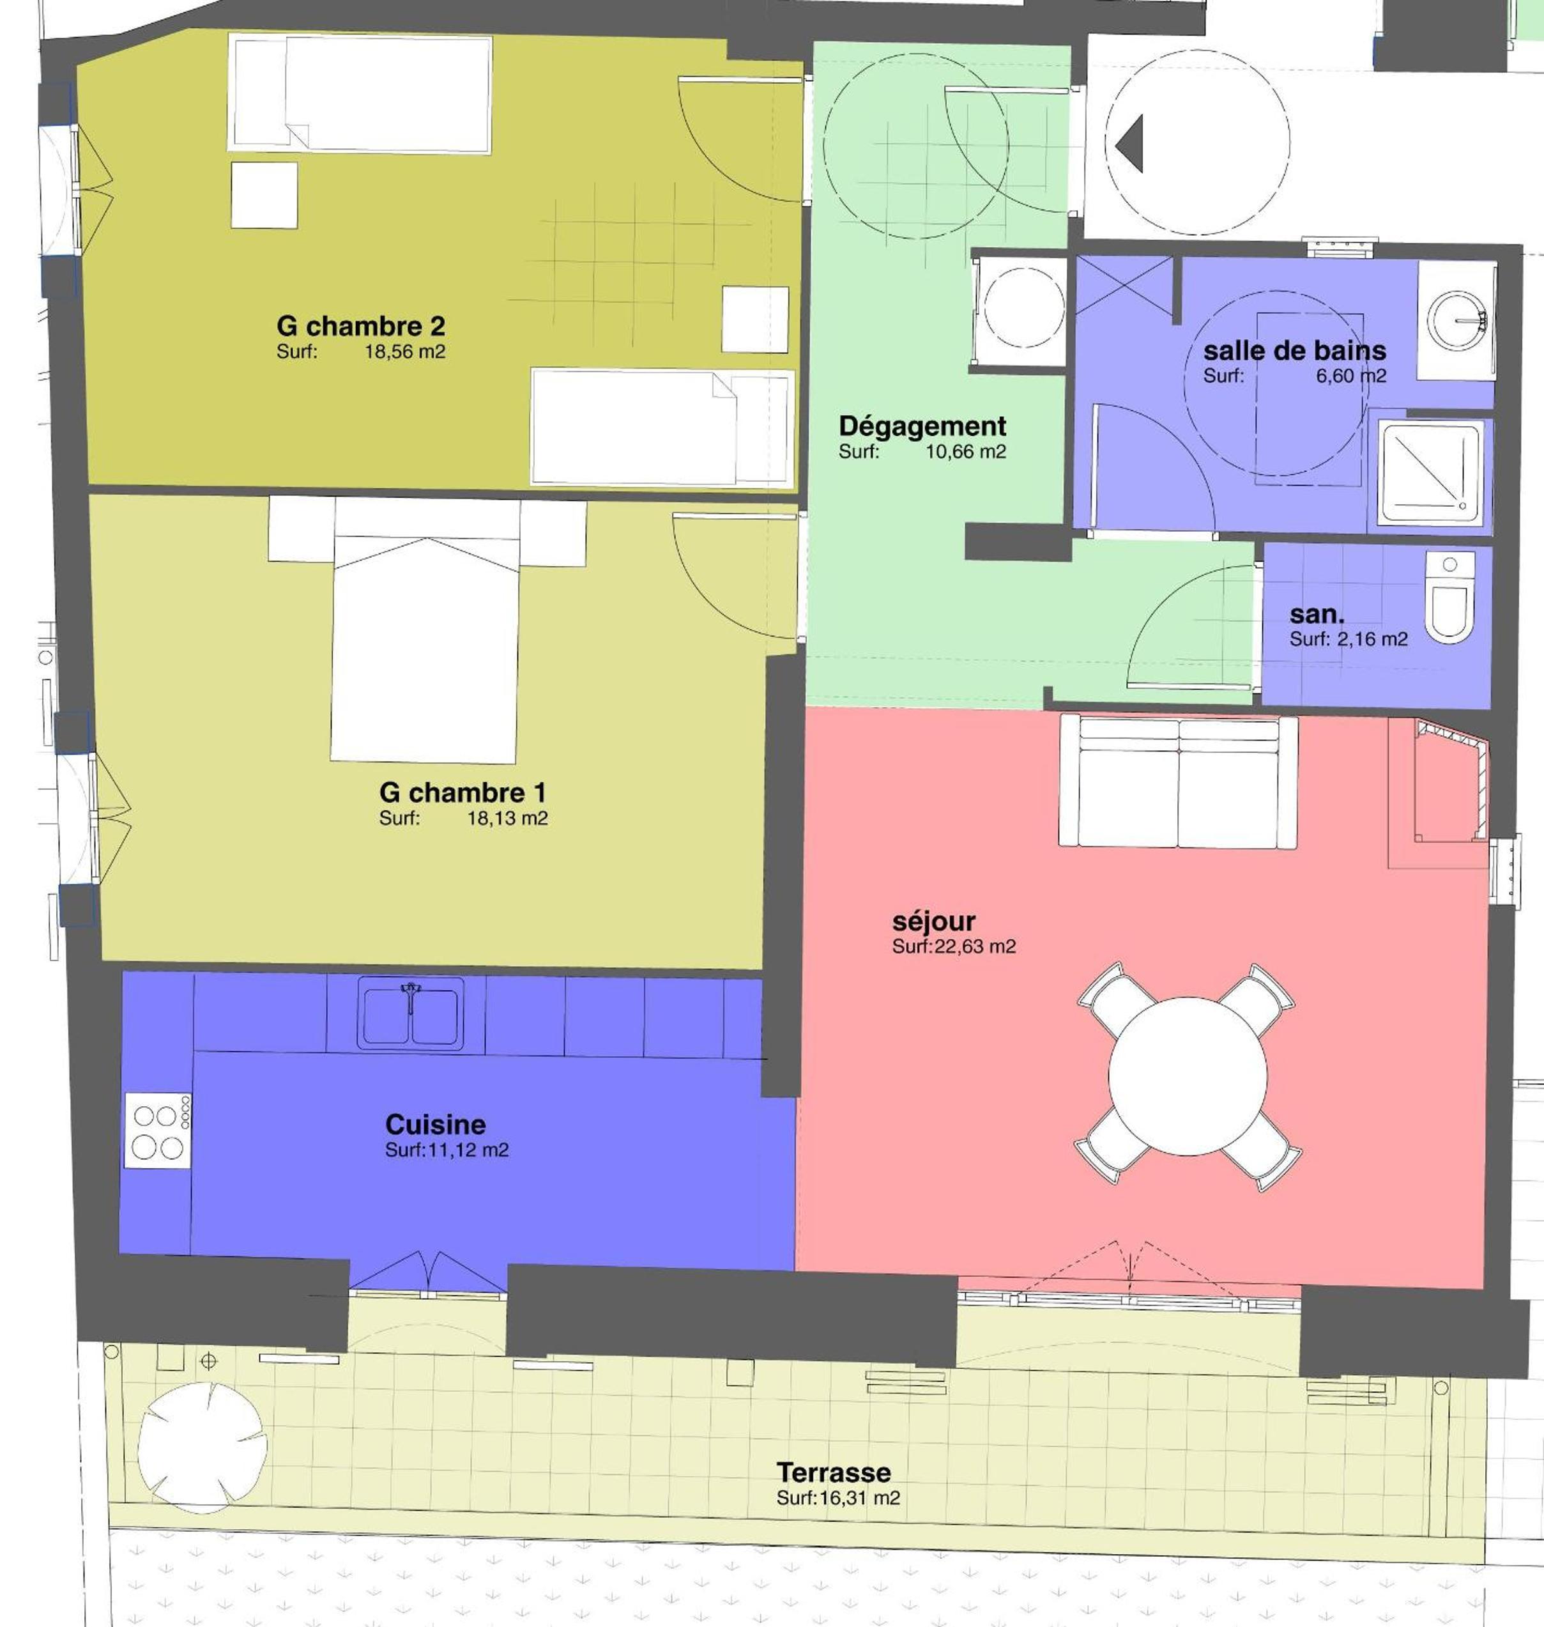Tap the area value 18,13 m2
click(507, 819)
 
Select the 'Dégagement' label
click(922, 426)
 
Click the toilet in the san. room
click(1449, 598)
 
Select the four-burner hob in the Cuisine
click(158, 1130)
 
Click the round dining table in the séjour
click(1188, 1076)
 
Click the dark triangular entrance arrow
click(1130, 143)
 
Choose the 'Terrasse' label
click(834, 1471)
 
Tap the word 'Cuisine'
click(436, 1125)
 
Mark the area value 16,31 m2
click(859, 1498)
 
